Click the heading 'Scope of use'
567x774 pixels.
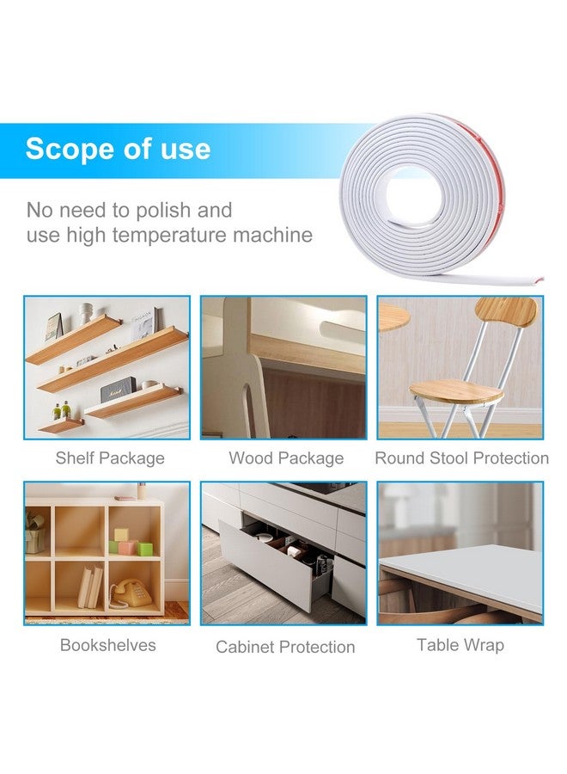(118, 149)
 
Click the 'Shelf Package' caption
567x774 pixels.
(110, 458)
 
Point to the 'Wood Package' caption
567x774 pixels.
(286, 458)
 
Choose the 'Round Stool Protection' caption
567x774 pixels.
(461, 458)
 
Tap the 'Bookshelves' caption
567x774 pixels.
(108, 644)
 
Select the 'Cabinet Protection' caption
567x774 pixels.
(285, 647)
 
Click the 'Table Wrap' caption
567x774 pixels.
(460, 644)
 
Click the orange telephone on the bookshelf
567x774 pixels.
(131, 592)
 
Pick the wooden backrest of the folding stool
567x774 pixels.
(505, 312)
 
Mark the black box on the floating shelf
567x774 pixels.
(119, 391)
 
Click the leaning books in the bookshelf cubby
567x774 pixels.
(90, 589)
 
